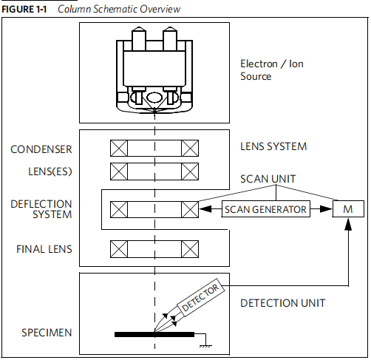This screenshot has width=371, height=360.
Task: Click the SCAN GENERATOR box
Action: [265, 209]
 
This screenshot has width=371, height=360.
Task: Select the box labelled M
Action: [348, 209]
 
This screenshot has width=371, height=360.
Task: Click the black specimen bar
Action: [154, 334]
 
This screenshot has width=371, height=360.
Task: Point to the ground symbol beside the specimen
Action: [205, 346]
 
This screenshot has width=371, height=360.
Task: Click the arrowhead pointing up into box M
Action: [348, 224]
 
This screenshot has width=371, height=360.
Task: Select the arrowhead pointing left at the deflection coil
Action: [205, 209]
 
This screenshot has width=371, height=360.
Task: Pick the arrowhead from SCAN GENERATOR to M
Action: [326, 209]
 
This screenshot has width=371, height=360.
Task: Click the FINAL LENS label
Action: [44, 249]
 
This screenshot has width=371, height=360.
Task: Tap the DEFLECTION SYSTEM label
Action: [41, 209]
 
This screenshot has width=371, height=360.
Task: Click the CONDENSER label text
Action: [41, 149]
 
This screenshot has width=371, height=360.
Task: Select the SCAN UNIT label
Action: [268, 179]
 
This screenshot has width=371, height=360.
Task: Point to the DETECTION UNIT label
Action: [283, 303]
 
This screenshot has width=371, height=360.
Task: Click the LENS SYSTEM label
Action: [273, 146]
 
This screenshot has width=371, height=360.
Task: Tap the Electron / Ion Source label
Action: [272, 70]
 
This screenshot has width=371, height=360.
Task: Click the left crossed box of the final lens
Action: [119, 249]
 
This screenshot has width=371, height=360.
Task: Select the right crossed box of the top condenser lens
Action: [190, 148]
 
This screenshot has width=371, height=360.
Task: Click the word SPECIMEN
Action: [47, 333]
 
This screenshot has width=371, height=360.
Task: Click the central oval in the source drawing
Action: [154, 97]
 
